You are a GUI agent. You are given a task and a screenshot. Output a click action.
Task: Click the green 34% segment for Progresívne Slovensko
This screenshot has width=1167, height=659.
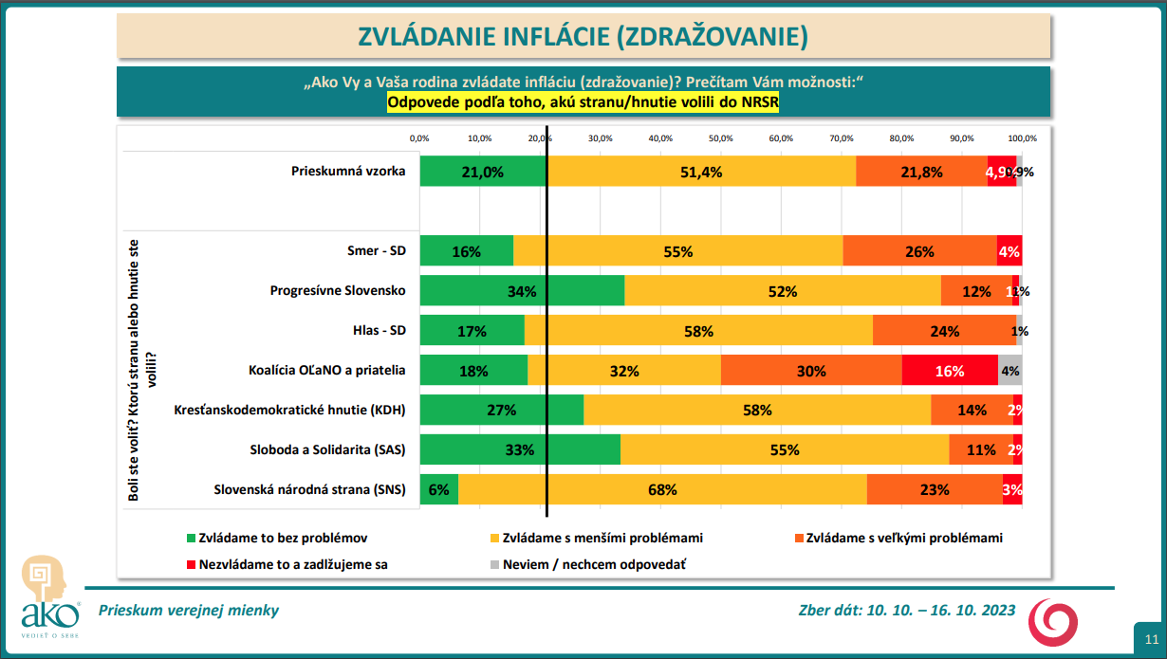point(522,291)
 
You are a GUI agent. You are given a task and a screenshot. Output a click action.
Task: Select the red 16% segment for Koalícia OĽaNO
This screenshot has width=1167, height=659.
point(949,371)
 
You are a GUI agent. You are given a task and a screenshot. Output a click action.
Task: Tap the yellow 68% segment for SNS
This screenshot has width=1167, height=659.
point(662,490)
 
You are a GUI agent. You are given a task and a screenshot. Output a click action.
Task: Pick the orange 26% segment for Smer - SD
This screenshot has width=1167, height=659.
point(919,252)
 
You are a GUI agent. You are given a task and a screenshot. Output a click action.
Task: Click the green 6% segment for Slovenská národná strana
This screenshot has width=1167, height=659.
point(438,490)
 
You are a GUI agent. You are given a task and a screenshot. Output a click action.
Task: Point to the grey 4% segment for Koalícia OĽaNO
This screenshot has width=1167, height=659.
point(1010,371)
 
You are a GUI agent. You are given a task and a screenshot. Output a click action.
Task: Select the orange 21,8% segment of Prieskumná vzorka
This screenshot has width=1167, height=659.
point(921,172)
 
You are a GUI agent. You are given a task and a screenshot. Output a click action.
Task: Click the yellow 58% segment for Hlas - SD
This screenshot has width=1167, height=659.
point(698,331)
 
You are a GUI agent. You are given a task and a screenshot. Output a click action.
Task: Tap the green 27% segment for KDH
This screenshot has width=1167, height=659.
point(501,411)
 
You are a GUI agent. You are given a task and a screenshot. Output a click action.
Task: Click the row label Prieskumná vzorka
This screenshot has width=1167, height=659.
point(349,172)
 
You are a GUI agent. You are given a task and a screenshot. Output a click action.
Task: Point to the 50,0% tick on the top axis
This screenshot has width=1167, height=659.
point(721,137)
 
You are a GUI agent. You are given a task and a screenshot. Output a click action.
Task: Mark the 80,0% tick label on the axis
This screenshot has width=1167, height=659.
point(901,137)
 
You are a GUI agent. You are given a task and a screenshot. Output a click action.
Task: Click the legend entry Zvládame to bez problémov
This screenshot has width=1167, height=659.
point(283,538)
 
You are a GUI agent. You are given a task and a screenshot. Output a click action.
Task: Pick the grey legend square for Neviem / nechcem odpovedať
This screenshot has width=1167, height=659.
point(493,563)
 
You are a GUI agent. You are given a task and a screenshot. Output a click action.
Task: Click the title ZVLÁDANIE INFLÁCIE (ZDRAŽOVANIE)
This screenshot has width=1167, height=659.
point(583,36)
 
